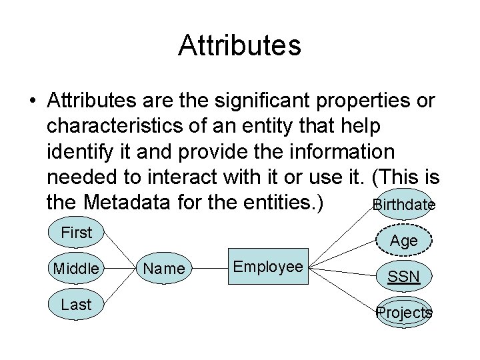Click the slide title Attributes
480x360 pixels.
[x=240, y=46]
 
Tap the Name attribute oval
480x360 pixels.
[x=164, y=268]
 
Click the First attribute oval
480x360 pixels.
[x=76, y=233]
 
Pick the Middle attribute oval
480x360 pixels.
[x=76, y=268]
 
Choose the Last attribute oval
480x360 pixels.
[x=76, y=304]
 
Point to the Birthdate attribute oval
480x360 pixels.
[x=403, y=205]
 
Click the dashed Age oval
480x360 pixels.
[x=404, y=241]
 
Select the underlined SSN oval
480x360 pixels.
[x=404, y=276]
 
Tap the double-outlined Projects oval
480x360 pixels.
[x=404, y=312]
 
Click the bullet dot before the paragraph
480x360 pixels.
[x=31, y=102]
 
